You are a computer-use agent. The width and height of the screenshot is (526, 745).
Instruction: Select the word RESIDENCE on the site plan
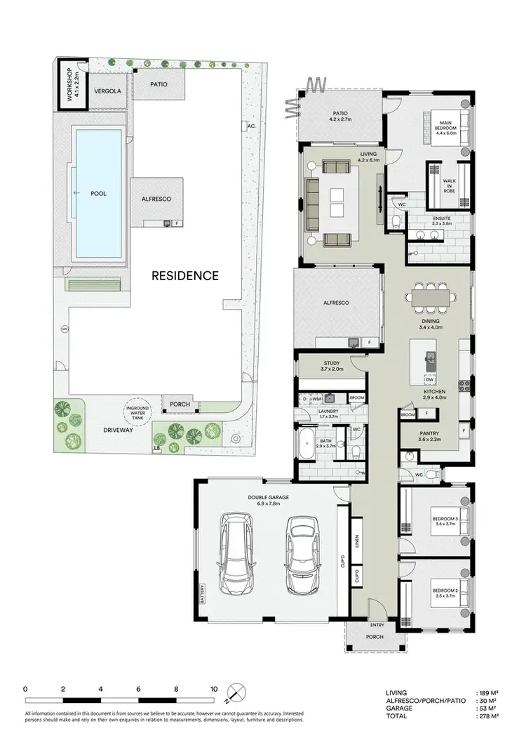tap(186, 275)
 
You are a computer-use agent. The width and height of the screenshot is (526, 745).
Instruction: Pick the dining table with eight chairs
tap(431, 298)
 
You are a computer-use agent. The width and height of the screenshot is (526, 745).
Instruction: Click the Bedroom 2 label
tap(445, 589)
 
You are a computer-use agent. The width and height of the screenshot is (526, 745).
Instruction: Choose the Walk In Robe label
tap(450, 185)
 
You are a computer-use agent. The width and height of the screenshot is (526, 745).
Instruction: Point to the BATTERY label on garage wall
tap(201, 593)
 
